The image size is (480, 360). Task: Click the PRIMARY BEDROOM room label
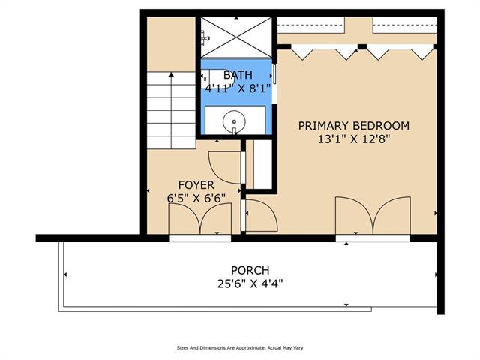click(353, 126)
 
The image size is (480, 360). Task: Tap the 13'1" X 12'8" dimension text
click(353, 139)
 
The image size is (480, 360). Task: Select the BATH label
click(238, 75)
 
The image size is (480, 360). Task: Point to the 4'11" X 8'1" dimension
click(238, 88)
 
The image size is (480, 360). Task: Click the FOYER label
click(196, 185)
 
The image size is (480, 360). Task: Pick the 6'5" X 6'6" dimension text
click(196, 198)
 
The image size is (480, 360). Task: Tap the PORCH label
click(250, 270)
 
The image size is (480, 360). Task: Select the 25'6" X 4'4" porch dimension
click(250, 283)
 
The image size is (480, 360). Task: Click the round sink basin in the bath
click(234, 121)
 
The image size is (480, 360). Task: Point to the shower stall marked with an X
click(236, 37)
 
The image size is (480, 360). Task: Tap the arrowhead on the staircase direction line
click(171, 74)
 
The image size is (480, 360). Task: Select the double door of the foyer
click(200, 219)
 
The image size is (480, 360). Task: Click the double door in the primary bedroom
click(373, 216)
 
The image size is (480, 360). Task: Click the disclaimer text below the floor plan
click(240, 348)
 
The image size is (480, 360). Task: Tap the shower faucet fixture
click(205, 38)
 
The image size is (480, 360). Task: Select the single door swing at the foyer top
click(225, 167)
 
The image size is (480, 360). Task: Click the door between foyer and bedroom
click(260, 215)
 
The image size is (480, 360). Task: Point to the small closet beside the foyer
click(259, 164)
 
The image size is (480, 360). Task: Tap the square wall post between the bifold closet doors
click(362, 46)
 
